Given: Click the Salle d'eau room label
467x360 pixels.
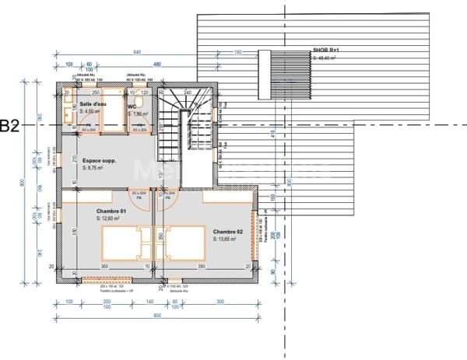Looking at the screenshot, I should tap(93, 103).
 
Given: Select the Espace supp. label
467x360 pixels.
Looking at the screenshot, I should tap(99, 161).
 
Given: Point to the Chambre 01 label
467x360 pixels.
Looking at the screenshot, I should tap(111, 211).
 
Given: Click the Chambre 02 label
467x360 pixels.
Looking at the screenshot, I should tap(228, 232).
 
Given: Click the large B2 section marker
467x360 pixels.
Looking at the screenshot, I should tap(9, 124).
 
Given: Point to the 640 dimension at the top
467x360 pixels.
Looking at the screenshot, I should tap(137, 52).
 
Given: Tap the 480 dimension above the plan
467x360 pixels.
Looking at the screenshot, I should tap(156, 64).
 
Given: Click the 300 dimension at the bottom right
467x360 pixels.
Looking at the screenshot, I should tap(220, 302).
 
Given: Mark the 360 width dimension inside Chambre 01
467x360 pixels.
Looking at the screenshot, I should tap(104, 267).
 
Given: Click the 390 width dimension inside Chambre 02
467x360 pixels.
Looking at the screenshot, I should tap(201, 267).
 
